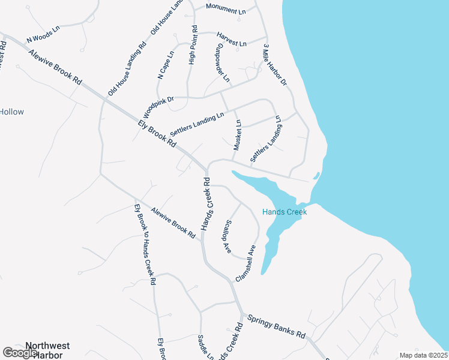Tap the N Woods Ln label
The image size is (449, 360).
tap(44, 35)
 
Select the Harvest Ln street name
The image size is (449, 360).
tap(232, 40)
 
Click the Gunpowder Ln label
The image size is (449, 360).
tap(221, 62)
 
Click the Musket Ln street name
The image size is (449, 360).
tap(237, 135)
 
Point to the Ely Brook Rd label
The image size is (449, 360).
tap(157, 134)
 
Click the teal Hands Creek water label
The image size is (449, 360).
tap(285, 212)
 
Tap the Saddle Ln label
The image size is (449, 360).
tap(205, 347)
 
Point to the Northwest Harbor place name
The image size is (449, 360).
tap(47, 350)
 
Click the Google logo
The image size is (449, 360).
tap(20, 353)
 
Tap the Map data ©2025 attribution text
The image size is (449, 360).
tap(423, 355)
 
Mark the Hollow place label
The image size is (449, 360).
tap(12, 112)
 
